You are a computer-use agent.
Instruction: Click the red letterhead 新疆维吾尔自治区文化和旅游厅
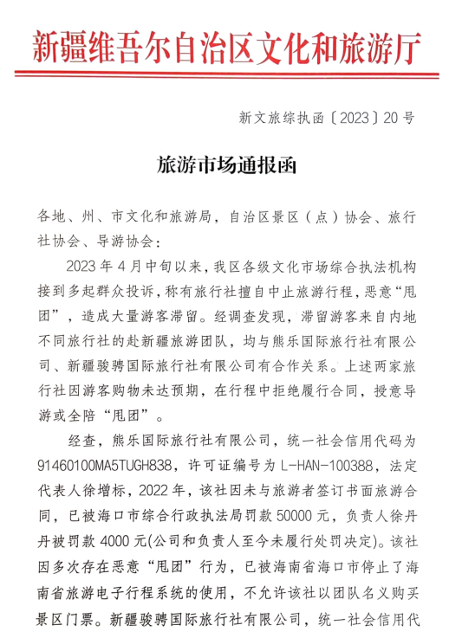coord(224,43)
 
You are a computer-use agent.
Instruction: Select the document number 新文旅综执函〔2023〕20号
coord(330,117)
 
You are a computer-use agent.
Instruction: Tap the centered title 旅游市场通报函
coord(224,164)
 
